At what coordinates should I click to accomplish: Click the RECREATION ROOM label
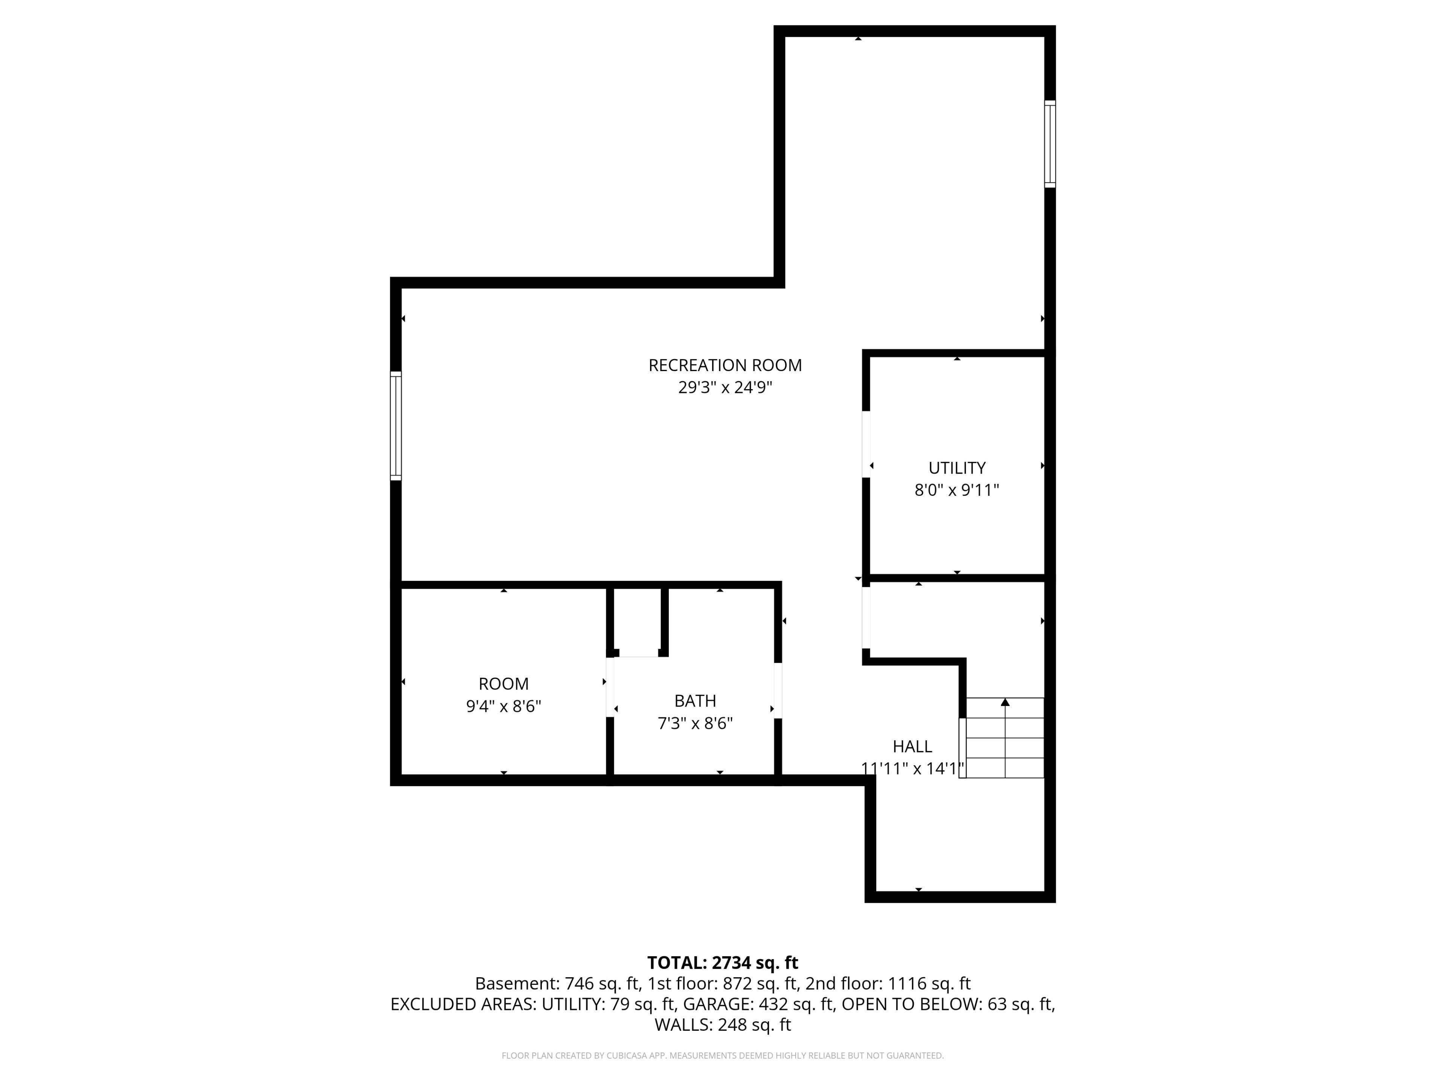(x=725, y=365)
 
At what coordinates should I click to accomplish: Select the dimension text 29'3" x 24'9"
(x=725, y=388)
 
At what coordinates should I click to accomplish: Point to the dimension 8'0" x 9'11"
(x=957, y=490)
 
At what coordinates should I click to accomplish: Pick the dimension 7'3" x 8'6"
(x=695, y=723)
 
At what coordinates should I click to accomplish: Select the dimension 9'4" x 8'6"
(x=503, y=706)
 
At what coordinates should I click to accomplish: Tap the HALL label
(x=912, y=746)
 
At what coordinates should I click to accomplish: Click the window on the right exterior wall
(x=1050, y=144)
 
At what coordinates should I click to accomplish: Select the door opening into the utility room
(x=866, y=444)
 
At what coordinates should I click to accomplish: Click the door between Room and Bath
(x=610, y=687)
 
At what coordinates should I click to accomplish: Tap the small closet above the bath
(x=638, y=621)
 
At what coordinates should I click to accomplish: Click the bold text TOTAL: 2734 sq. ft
(x=722, y=963)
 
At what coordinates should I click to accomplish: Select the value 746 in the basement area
(x=578, y=984)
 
